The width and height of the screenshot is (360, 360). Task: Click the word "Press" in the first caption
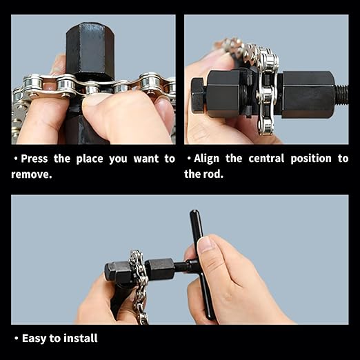pos(34,159)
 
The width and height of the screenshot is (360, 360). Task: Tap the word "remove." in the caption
pos(32,174)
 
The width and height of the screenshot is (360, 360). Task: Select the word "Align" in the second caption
pos(206,159)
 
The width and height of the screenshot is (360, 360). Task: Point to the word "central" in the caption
pos(266,159)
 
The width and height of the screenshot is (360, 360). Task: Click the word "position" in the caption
pos(311,159)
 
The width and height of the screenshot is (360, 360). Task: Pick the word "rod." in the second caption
pos(213,174)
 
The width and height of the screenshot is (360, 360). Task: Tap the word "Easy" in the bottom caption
pos(34,339)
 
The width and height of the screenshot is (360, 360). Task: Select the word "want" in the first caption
pos(146,159)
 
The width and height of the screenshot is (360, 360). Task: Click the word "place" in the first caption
pos(90,159)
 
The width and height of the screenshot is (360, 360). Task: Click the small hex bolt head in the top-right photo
pos(198,94)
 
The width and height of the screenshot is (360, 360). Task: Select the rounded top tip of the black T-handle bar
pos(195,212)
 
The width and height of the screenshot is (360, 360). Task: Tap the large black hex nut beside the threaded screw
pos(308,94)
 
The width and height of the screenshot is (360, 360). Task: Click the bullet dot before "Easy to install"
pos(16,339)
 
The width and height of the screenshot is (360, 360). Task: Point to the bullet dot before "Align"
pos(189,159)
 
